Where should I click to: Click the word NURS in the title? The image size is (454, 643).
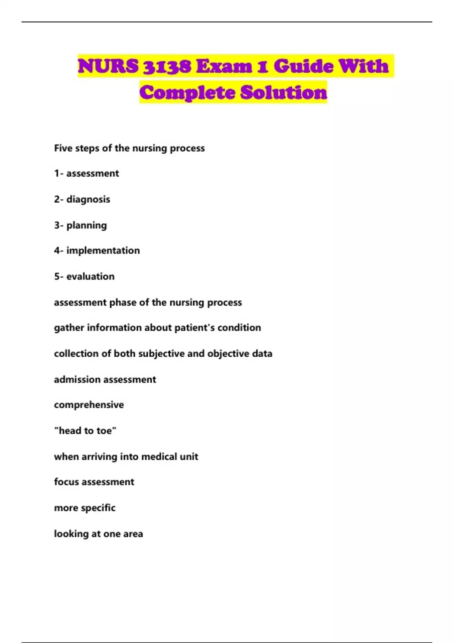108,66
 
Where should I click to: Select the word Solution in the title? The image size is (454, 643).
283,92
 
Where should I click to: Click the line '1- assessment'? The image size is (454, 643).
86,173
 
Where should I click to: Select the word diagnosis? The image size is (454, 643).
88,199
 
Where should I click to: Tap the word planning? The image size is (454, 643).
87,225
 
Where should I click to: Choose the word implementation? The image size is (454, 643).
103,250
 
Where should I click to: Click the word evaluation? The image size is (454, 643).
90,276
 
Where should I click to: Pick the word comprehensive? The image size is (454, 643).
89,405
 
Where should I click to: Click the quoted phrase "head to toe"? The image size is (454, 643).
85,431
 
